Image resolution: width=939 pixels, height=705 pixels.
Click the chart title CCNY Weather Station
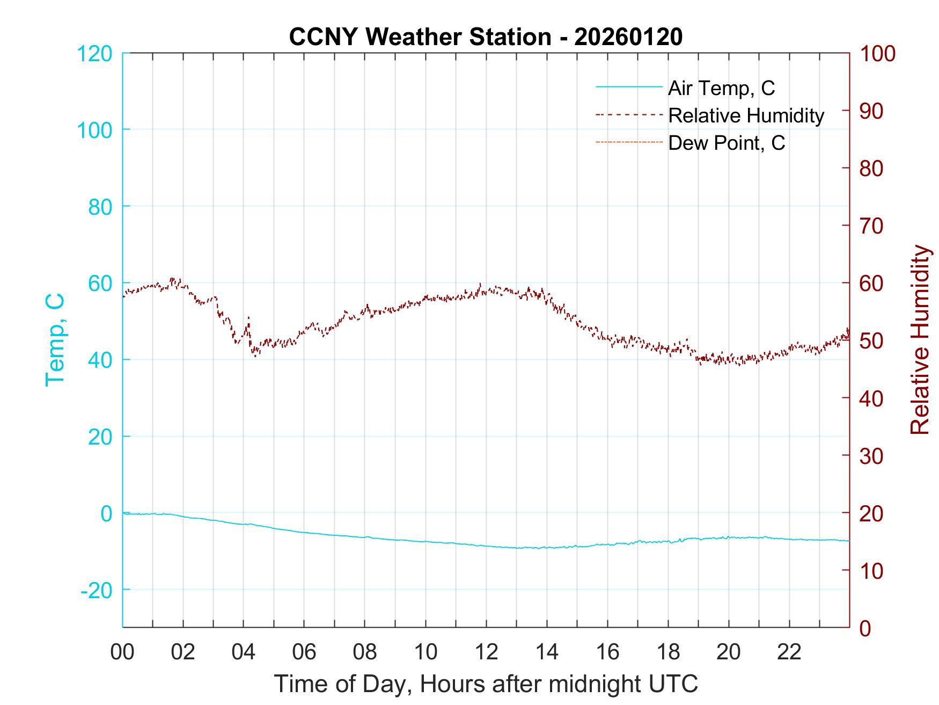(420, 37)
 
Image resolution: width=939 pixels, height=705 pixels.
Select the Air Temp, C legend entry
(721, 88)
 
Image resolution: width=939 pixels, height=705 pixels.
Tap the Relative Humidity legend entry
(745, 115)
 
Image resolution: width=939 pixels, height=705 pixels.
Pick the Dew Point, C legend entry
(726, 143)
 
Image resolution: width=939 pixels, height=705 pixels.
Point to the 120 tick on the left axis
(94, 54)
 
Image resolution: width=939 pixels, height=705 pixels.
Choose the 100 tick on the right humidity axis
(877, 54)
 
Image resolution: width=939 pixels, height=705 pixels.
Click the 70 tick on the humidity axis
(871, 226)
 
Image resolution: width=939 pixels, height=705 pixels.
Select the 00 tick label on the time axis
(122, 652)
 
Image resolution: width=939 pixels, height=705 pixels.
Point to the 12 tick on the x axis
(486, 652)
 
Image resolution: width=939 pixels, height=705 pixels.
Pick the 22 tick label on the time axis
(789, 652)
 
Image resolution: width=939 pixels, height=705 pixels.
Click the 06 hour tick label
(304, 652)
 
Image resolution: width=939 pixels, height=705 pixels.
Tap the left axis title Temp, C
(55, 339)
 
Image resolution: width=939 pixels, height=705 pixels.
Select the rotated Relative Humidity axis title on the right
(920, 339)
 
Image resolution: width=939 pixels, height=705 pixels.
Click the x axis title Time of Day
(486, 684)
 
